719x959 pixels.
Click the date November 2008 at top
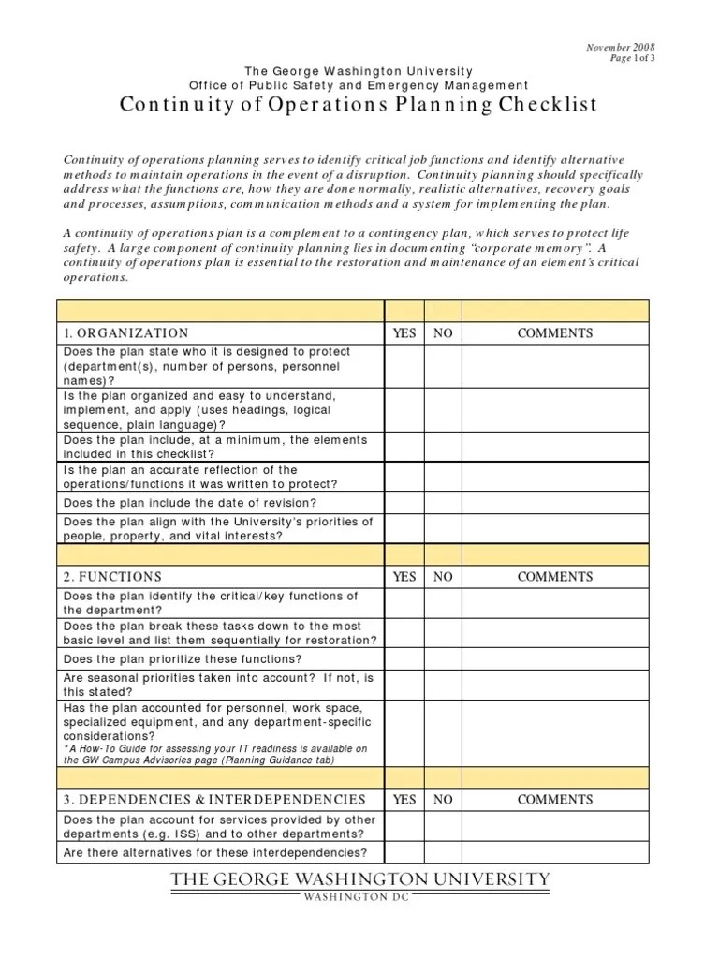[x=620, y=47]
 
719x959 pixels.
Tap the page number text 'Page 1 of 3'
[x=632, y=58]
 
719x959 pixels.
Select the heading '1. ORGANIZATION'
[x=125, y=333]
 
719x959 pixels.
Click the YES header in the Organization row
[x=404, y=333]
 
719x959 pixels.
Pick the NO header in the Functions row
[x=443, y=577]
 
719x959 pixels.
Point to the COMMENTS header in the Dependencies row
[x=555, y=800]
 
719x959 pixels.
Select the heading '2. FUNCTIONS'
[x=112, y=577]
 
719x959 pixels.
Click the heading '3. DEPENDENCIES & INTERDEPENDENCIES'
[x=214, y=800]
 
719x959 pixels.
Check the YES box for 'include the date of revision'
[x=404, y=503]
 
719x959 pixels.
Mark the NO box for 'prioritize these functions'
[x=443, y=658]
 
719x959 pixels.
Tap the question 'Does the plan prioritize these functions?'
[x=183, y=658]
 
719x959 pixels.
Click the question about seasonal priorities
[x=218, y=685]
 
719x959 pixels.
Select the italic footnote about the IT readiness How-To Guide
[x=215, y=755]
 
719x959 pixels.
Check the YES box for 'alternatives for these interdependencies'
[x=404, y=852]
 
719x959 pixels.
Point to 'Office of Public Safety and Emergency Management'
[x=359, y=85]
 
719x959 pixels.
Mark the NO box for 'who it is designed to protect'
[x=443, y=366]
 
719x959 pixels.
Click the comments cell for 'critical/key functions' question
[x=555, y=603]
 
